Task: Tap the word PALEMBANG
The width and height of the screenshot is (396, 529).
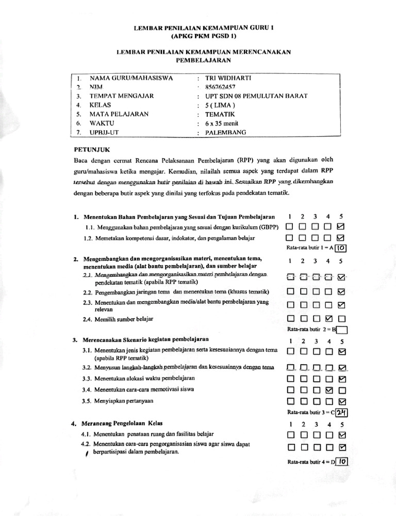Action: click(226, 132)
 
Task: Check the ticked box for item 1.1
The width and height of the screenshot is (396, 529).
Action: click(340, 227)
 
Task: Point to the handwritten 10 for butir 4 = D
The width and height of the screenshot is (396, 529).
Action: click(343, 461)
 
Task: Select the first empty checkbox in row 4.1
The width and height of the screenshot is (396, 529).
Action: click(290, 434)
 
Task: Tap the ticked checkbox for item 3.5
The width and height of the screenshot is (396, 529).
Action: click(340, 401)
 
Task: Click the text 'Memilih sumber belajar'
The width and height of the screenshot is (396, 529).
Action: click(124, 320)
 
